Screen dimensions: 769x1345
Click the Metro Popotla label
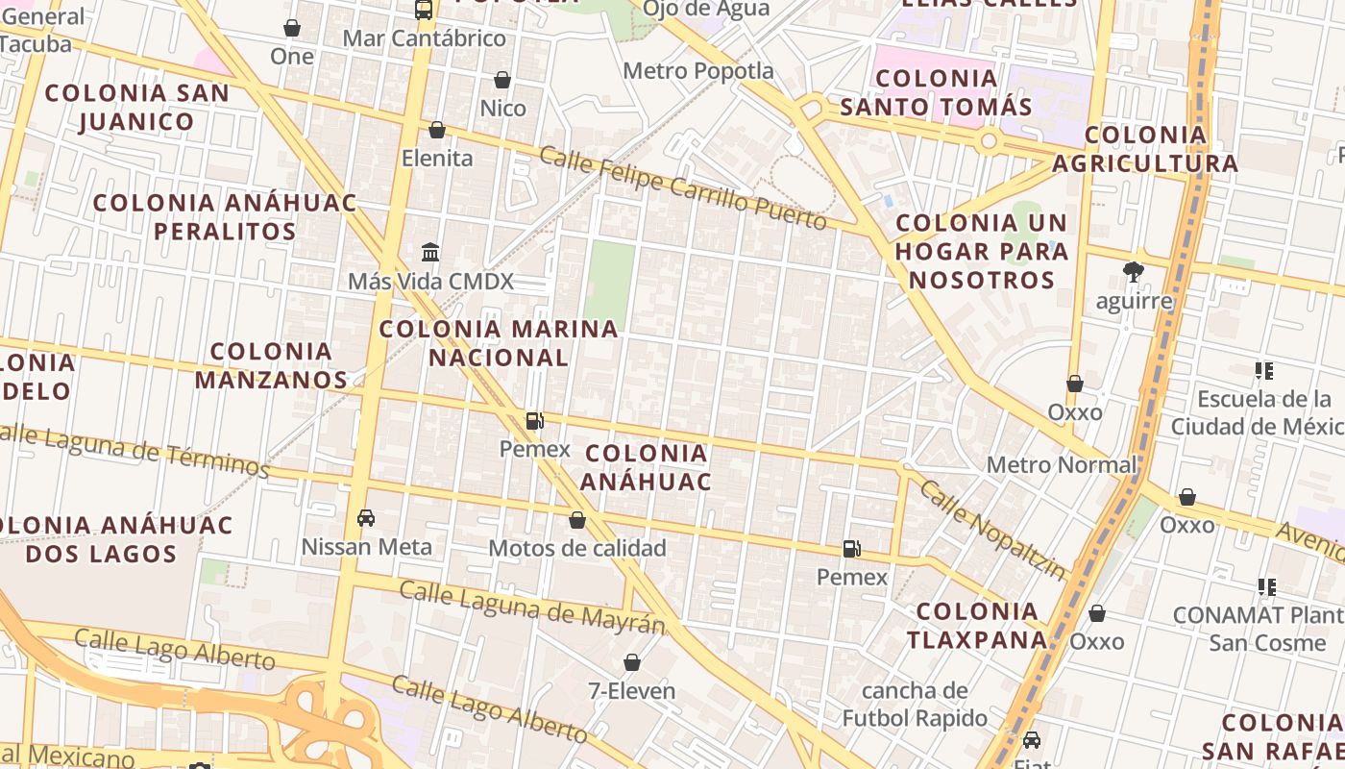tap(697, 71)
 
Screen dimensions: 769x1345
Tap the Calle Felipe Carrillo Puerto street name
tap(682, 188)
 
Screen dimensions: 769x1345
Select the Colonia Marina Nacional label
tap(499, 343)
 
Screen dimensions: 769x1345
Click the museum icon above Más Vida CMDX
tap(430, 252)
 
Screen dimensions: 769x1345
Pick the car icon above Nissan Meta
tap(366, 518)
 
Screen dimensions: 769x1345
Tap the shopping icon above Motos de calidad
tap(577, 520)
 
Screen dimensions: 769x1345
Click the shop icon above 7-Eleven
tap(632, 662)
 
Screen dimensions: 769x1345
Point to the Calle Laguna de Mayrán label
tap(531, 608)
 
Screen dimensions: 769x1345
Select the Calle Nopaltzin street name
tap(992, 530)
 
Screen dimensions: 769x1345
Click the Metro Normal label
tap(1062, 465)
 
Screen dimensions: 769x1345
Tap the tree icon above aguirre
tap(1134, 271)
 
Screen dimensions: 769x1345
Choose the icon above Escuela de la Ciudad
tap(1264, 370)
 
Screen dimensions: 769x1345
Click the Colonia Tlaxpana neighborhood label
tap(978, 626)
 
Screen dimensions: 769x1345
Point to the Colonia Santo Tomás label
tap(936, 92)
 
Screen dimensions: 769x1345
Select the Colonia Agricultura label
tap(1145, 149)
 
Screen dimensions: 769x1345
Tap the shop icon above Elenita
tap(437, 130)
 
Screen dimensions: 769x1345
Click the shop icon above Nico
tap(502, 80)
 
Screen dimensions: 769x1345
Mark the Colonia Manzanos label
tap(271, 365)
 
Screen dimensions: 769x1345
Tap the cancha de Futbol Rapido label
tap(915, 704)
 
